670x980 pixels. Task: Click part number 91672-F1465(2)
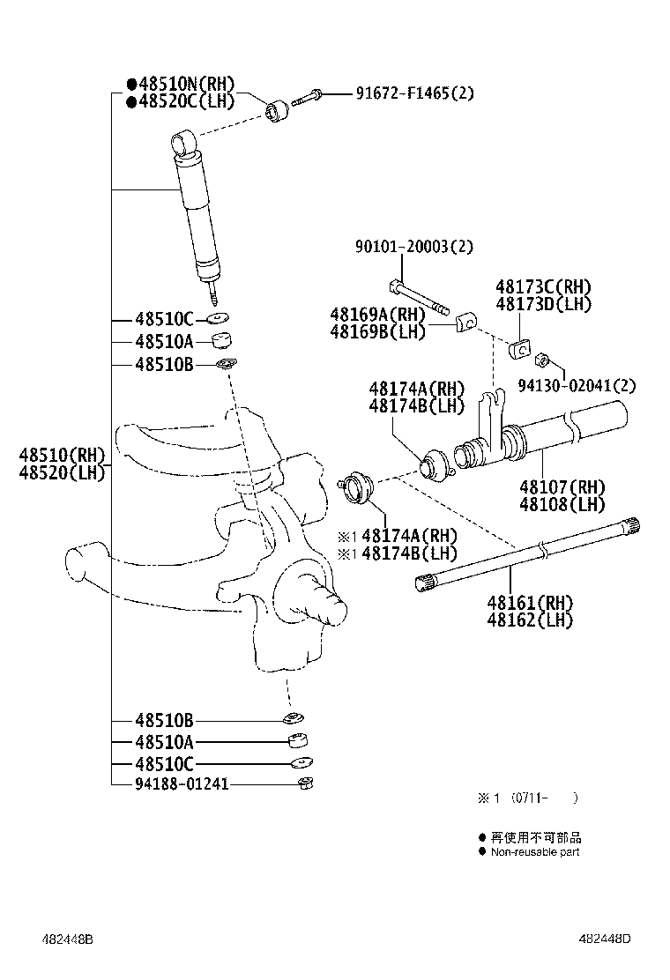click(414, 93)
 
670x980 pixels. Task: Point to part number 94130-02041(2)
click(588, 385)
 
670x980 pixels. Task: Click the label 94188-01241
click(182, 783)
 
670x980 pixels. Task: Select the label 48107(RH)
click(562, 487)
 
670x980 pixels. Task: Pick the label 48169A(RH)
click(377, 315)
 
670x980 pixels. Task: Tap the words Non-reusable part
click(535, 852)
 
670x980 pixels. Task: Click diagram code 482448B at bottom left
click(65, 939)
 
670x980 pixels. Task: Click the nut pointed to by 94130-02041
click(544, 360)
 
